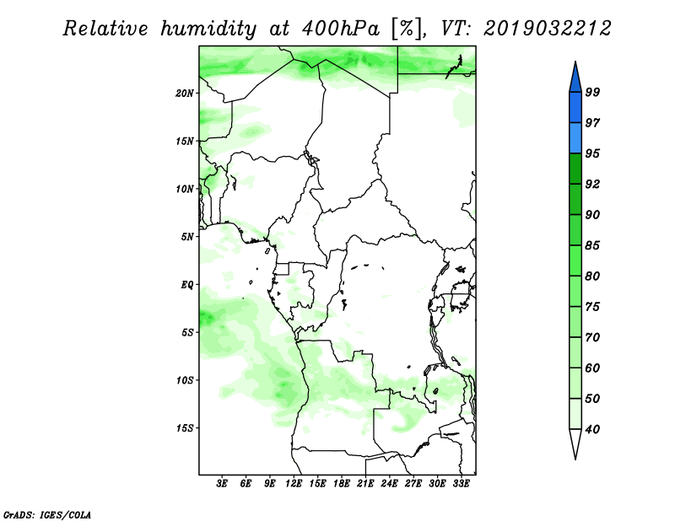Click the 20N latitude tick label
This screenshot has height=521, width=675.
[185, 94]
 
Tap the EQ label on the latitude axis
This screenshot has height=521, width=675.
[186, 285]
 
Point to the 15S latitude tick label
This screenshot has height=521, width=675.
[185, 428]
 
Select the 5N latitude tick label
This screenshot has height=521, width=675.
[187, 237]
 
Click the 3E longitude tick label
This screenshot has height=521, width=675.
[222, 484]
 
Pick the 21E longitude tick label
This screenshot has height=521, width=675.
[365, 484]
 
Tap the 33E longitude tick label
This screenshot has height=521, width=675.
[461, 484]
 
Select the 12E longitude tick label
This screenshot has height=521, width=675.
[294, 484]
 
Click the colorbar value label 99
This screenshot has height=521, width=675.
[592, 92]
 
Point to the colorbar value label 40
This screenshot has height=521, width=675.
[592, 429]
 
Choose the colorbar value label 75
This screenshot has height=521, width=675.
[592, 307]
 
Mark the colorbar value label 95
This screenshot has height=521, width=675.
[592, 153]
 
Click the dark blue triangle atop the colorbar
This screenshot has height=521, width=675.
[575, 79]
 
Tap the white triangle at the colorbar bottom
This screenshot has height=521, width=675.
[575, 442]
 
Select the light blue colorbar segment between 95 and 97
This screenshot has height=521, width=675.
[575, 138]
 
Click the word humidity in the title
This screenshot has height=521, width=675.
[208, 30]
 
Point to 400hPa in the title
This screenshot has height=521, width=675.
[341, 30]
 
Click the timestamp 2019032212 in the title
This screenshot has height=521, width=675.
[547, 29]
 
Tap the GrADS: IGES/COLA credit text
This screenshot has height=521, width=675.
[47, 514]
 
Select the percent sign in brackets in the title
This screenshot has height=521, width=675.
[406, 29]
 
